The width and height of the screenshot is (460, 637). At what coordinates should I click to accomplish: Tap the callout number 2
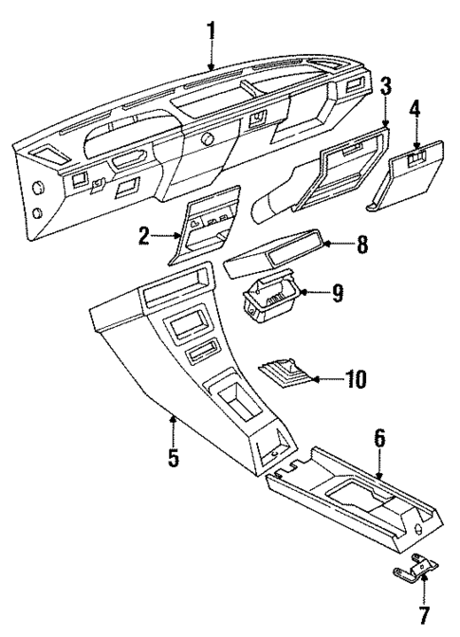tap(143, 237)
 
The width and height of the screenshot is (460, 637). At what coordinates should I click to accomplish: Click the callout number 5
tap(173, 459)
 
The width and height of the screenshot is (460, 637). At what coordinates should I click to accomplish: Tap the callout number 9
tap(336, 295)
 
